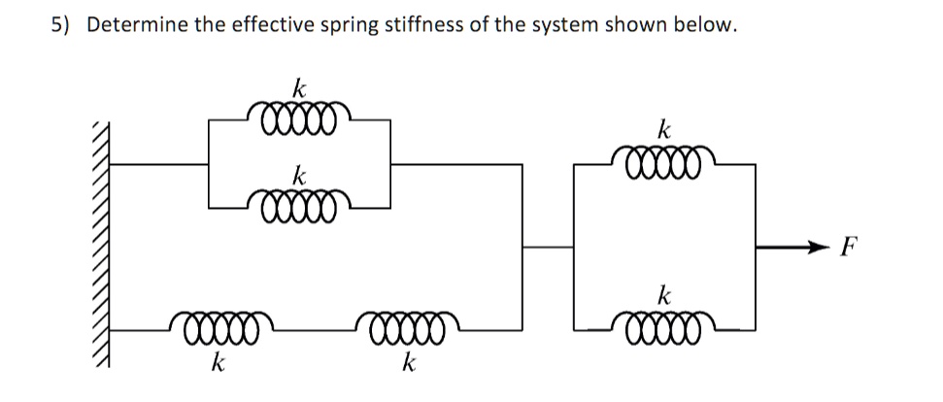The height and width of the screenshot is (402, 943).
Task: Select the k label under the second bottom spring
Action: point(409,365)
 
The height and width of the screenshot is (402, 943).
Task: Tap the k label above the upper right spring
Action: point(664,129)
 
